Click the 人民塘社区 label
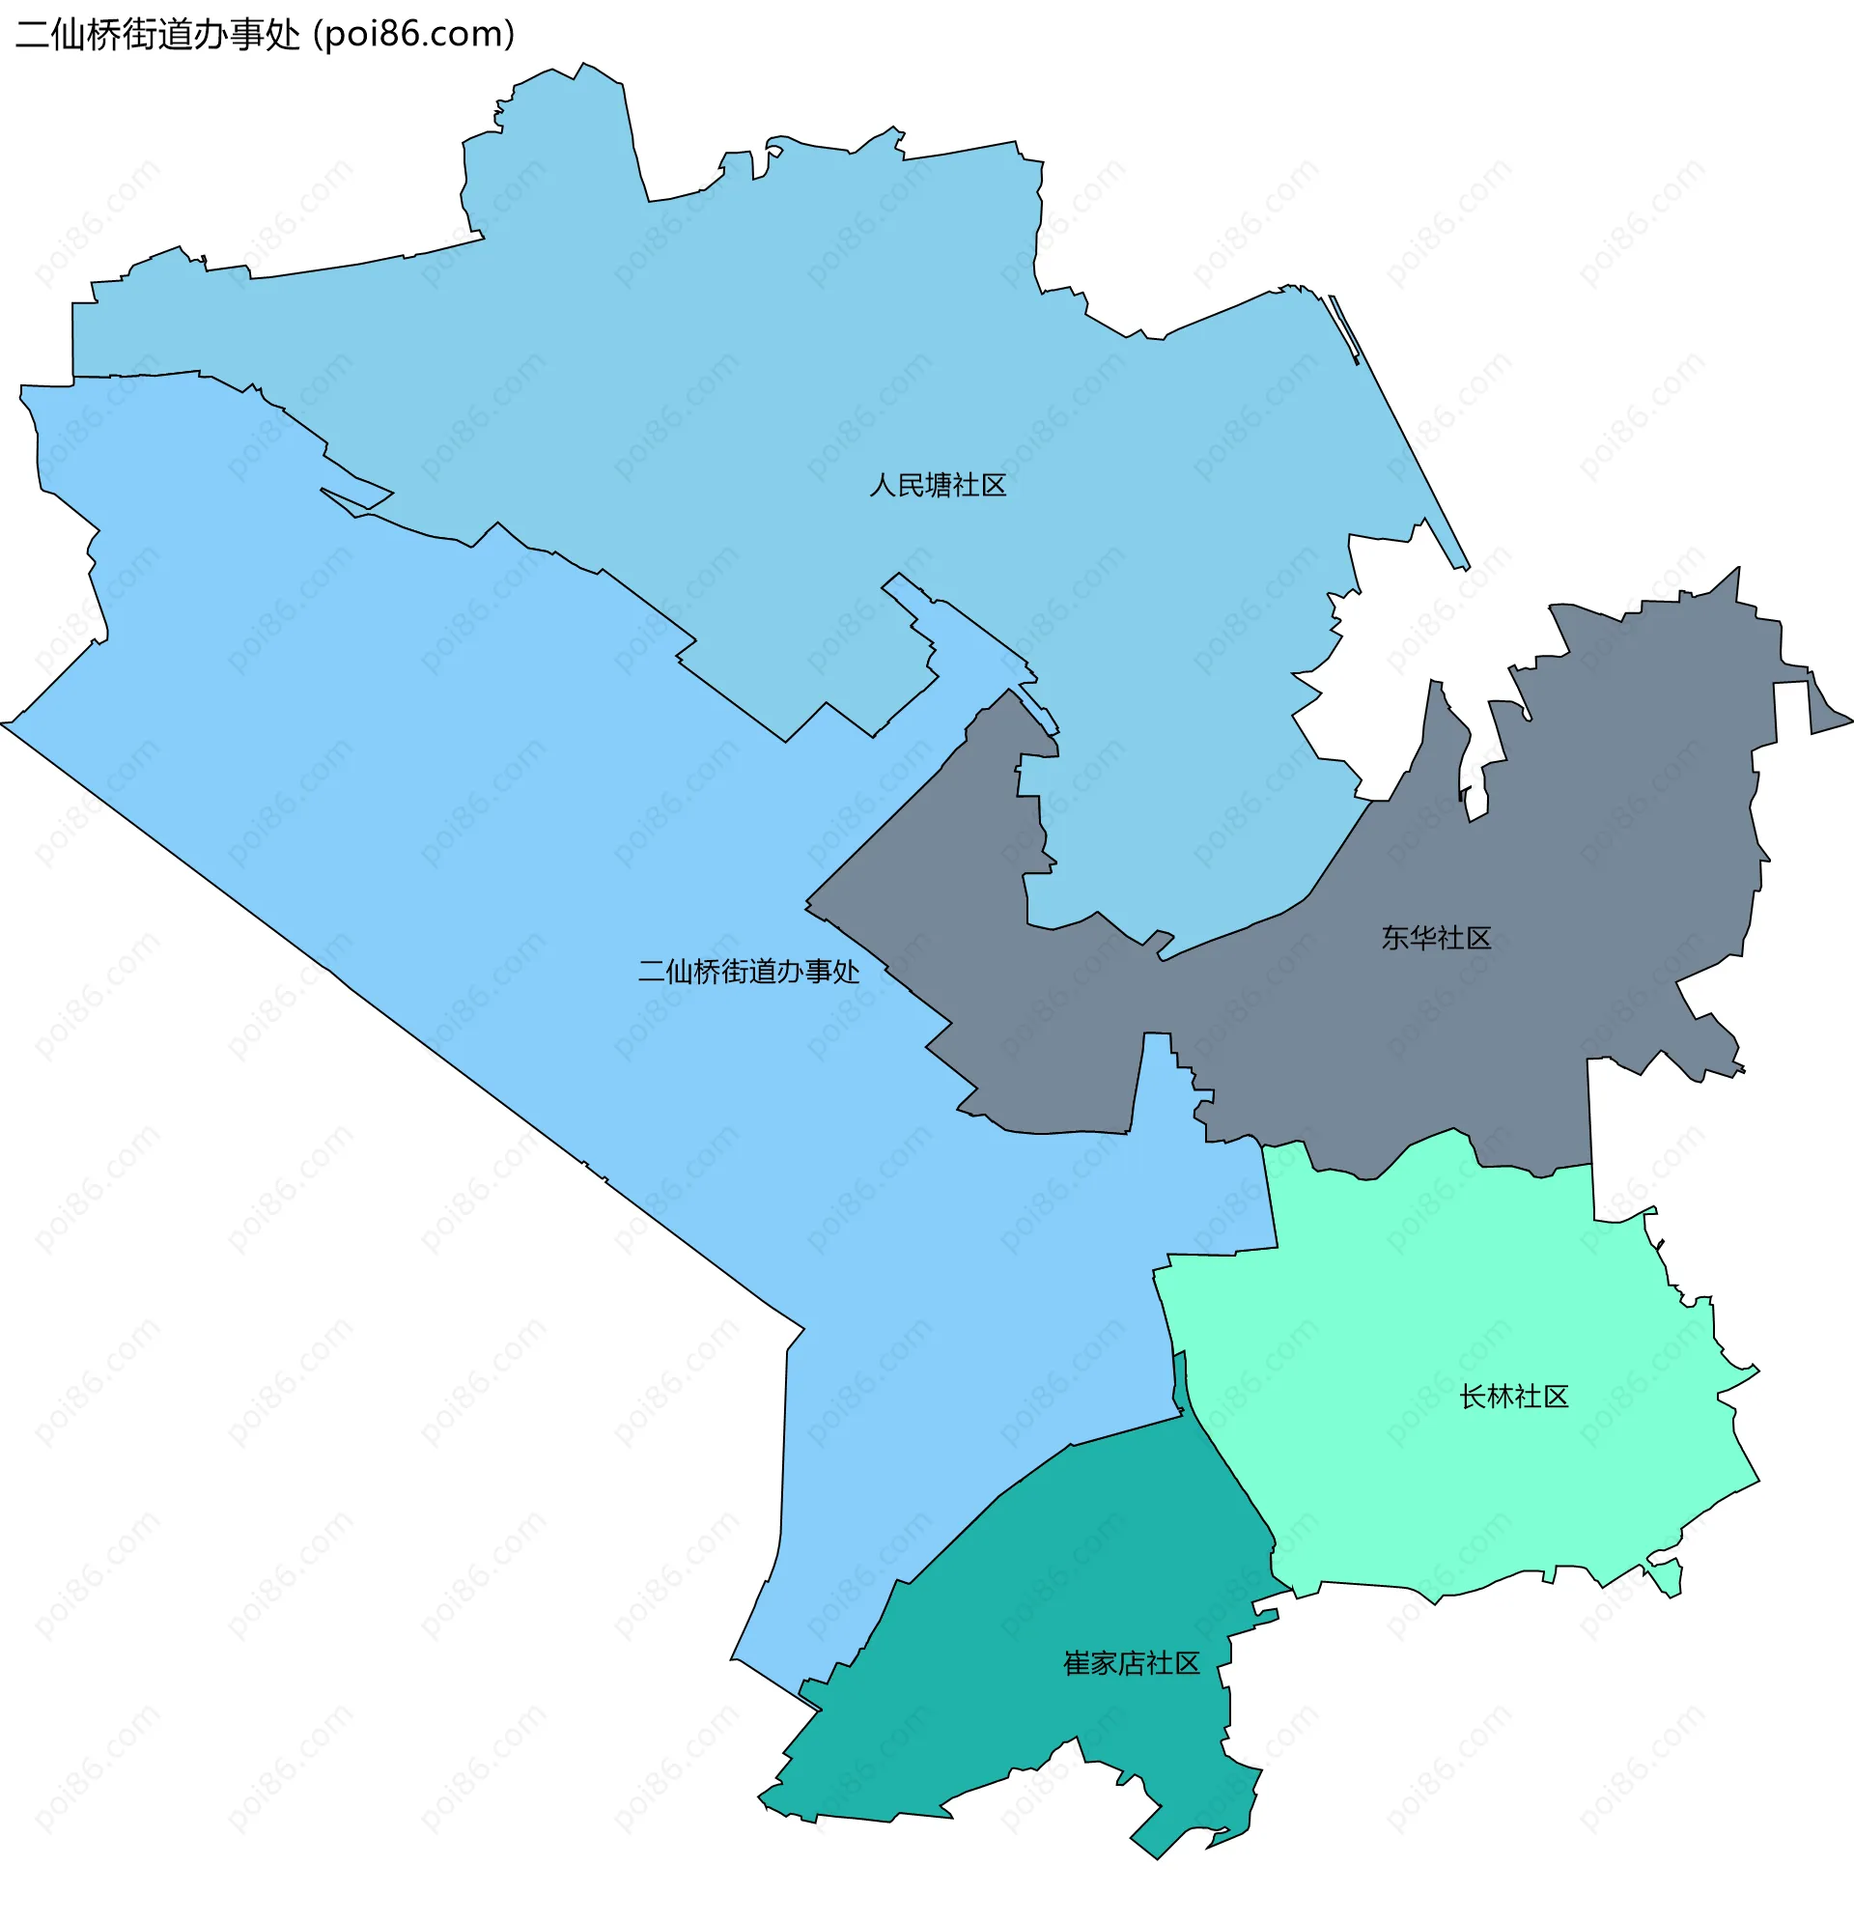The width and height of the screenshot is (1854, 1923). click(938, 486)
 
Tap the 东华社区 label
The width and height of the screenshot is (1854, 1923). click(1436, 938)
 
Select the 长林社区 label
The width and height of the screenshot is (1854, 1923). click(1513, 1397)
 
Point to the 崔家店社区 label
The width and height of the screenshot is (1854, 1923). click(1131, 1663)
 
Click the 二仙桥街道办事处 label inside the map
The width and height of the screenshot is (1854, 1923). click(748, 972)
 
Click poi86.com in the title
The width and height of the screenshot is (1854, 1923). click(413, 35)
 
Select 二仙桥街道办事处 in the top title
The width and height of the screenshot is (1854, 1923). click(157, 35)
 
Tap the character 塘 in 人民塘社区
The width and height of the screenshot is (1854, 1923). click(938, 486)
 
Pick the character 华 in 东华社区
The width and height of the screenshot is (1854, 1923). click(1422, 938)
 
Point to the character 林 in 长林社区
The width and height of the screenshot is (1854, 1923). click(1500, 1397)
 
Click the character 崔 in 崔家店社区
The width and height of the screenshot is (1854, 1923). click(1076, 1663)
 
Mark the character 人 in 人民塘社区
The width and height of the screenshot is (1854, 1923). click(883, 486)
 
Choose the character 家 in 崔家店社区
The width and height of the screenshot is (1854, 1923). click(1104, 1663)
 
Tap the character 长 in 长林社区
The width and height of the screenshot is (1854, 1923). click(1473, 1397)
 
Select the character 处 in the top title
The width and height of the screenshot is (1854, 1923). click(286, 35)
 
